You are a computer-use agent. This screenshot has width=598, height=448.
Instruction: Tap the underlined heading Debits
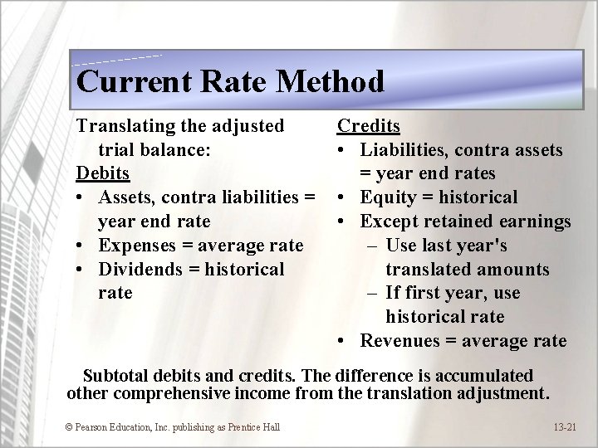coord(103,173)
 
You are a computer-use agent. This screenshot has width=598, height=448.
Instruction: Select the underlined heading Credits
coord(368,125)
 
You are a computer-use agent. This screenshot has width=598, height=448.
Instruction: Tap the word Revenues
coord(403,341)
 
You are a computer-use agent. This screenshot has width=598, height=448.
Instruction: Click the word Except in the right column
coord(390,222)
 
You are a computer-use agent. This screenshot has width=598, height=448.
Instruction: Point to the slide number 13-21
coord(565,426)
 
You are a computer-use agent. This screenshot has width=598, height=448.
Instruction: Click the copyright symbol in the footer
coord(68,426)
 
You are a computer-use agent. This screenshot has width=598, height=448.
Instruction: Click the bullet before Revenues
coord(342,341)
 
